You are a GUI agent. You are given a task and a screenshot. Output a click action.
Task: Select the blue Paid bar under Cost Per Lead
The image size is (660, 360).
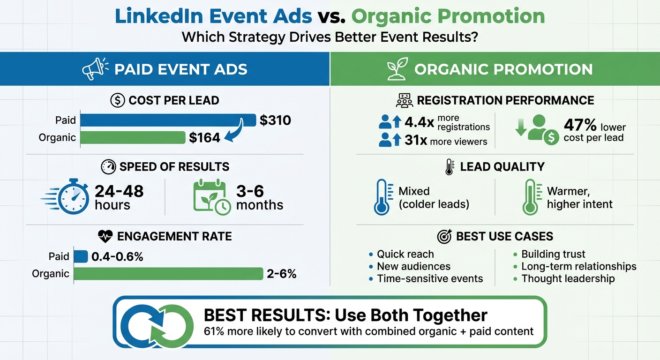(x=168, y=120)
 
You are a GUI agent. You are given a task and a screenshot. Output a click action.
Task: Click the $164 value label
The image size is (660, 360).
(x=204, y=138)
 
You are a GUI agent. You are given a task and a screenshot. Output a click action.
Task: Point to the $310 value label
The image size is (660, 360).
(x=275, y=120)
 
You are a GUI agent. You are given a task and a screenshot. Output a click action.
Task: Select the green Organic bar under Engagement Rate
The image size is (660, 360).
(x=168, y=274)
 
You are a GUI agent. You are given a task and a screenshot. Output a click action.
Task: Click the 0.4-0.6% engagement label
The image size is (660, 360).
(x=117, y=256)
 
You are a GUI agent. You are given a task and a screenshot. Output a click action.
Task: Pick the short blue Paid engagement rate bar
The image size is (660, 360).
(x=81, y=256)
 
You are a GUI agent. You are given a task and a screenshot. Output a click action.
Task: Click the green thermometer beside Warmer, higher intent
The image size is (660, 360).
(x=530, y=197)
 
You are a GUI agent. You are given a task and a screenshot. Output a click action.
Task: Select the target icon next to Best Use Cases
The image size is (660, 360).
(x=444, y=237)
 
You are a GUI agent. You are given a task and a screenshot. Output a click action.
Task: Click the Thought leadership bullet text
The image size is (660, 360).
(x=568, y=278)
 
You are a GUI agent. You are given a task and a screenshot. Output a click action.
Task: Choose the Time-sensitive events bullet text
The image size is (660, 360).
(x=430, y=278)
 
